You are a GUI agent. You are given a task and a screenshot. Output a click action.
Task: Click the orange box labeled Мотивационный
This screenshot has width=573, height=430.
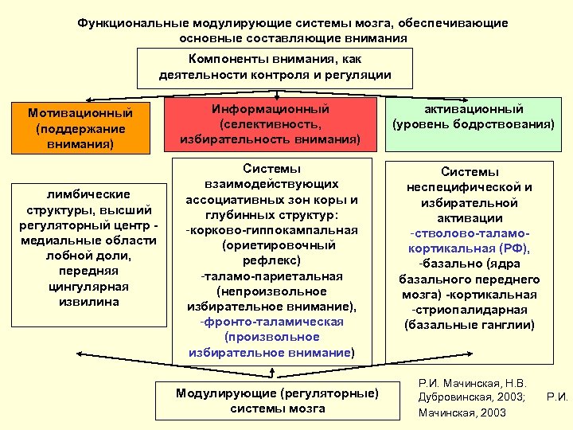pyautogui.click(x=79, y=128)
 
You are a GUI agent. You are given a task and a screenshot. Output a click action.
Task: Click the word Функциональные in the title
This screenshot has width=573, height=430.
pyautogui.click(x=127, y=23)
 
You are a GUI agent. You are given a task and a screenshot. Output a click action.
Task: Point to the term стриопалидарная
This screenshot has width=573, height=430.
pyautogui.click(x=470, y=310)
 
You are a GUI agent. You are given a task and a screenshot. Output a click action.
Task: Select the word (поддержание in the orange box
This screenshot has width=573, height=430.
pyautogui.click(x=79, y=129)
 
